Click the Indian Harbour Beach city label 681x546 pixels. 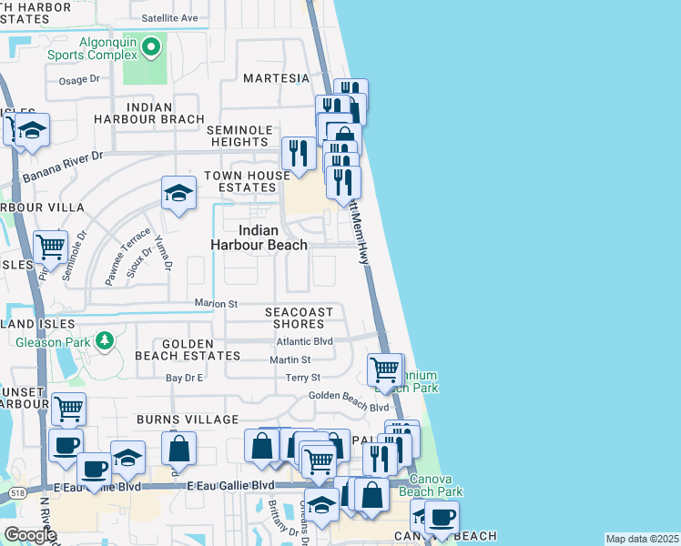click(259, 238)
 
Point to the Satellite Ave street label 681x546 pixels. click(169, 17)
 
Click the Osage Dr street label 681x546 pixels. click(79, 80)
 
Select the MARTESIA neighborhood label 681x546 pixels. click(276, 78)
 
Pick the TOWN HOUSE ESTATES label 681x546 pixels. click(239, 182)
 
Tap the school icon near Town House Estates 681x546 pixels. click(178, 193)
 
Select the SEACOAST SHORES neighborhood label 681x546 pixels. click(299, 318)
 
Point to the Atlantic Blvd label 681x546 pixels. click(304, 341)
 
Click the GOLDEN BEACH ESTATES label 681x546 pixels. click(188, 356)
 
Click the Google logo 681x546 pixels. click(30, 535)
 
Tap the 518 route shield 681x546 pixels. click(15, 493)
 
